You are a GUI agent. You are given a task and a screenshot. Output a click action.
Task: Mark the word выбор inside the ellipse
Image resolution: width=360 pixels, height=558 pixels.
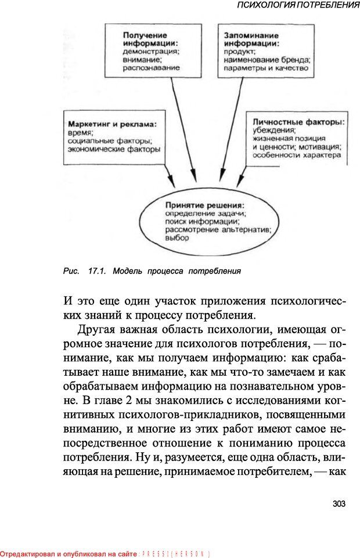click(x=175, y=238)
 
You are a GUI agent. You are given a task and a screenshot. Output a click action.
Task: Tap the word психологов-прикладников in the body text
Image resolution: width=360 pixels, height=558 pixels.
click(x=198, y=415)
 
